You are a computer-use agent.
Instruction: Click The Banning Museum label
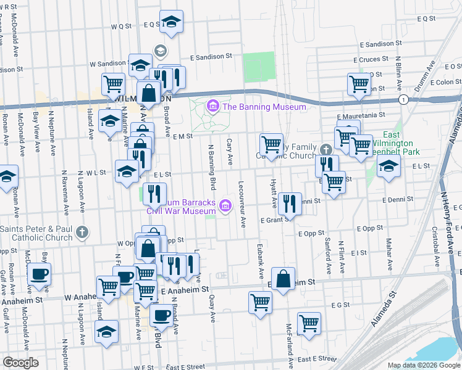pos(264,107)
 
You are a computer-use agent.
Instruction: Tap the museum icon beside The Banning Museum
pos(213,107)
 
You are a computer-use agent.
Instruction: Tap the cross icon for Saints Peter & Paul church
pos(82,233)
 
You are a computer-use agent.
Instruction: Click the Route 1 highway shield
pos(403,99)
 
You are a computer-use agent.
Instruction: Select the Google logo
pos(20,362)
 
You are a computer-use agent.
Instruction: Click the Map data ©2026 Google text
pos(424,365)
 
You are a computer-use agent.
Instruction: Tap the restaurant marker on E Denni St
pos(290,202)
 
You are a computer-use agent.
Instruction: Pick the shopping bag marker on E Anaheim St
pos(283,277)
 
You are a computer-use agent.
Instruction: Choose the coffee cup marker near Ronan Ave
pos(40,274)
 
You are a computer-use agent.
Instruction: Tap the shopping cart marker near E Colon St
pos(359,83)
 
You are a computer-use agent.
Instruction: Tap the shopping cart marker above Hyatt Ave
pos(271,144)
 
